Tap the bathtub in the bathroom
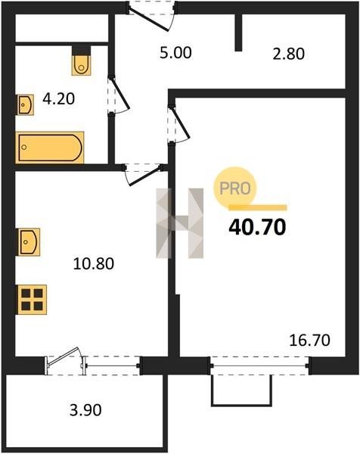(50, 148)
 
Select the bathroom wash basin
(25, 105)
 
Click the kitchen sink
(29, 242)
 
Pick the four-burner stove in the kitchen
(32, 300)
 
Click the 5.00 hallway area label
(175, 53)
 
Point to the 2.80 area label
(288, 54)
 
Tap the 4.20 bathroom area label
(59, 98)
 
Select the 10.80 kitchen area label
(94, 264)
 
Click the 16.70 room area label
(309, 340)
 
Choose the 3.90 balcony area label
(85, 410)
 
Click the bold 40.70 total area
(257, 227)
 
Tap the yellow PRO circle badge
(235, 188)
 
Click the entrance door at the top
(151, 16)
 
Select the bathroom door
(119, 95)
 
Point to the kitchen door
(143, 175)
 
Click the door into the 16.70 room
(178, 125)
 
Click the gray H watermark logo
(179, 223)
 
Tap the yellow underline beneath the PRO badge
(258, 207)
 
